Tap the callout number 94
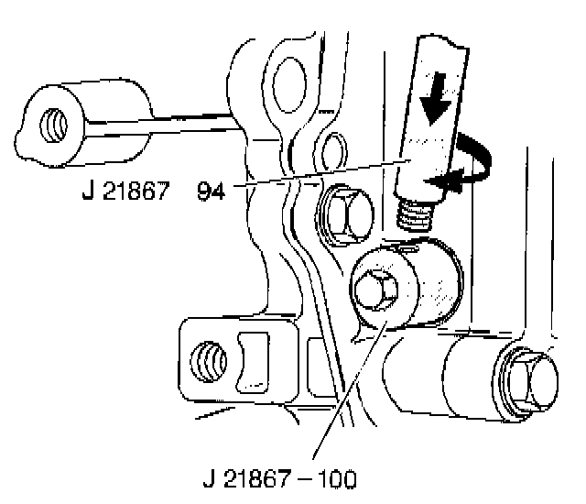click(212, 192)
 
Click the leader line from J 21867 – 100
click(348, 394)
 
